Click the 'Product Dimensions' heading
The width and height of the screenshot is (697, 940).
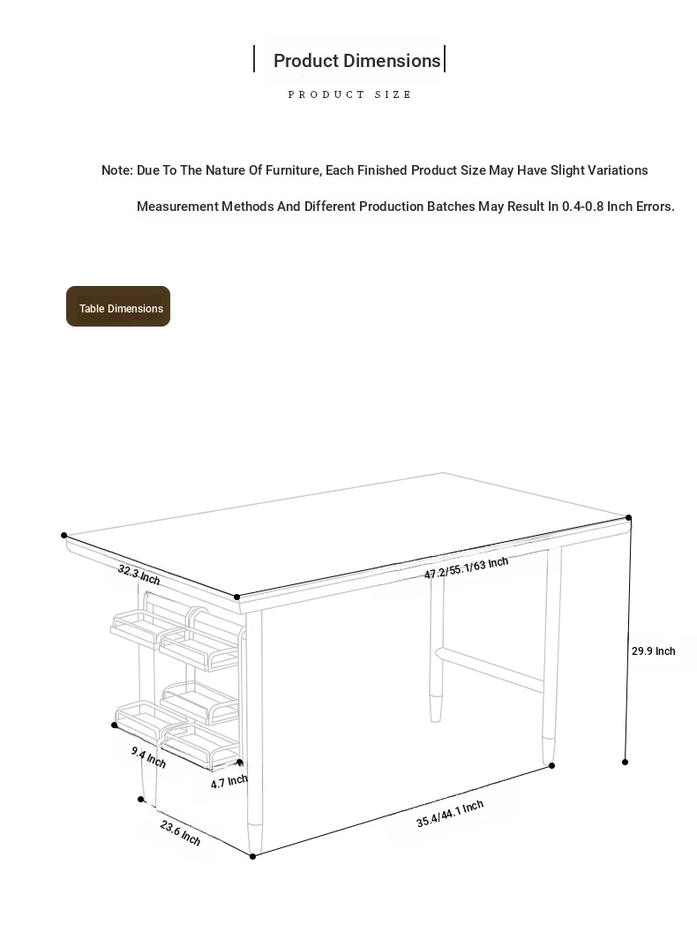356,61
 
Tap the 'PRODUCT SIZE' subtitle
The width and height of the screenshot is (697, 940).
349,94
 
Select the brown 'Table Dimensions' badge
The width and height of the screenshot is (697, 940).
118,307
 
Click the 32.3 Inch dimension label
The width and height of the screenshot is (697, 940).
139,575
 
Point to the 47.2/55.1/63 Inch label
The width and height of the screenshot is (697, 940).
466,568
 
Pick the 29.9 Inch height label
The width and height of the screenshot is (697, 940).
653,651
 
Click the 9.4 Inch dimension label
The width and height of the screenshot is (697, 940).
148,756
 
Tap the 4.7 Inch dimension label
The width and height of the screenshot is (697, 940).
229,782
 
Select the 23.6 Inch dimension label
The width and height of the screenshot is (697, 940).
180,832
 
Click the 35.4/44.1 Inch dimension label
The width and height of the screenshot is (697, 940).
450,814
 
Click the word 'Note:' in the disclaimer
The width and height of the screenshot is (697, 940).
116,170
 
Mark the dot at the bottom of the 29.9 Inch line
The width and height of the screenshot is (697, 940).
626,762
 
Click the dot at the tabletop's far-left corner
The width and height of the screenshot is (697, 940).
64,536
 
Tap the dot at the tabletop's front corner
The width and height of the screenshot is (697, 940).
237,598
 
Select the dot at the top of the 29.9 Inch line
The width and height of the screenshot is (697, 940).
629,518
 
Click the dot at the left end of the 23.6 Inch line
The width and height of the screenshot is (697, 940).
141,800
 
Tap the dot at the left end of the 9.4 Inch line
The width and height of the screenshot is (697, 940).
115,726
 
